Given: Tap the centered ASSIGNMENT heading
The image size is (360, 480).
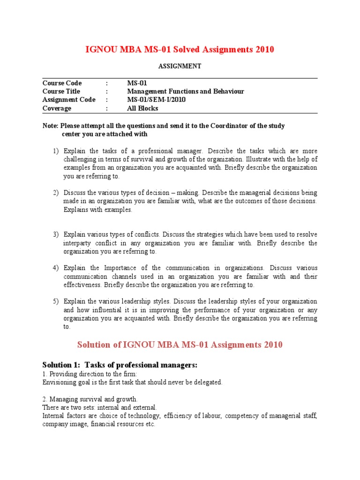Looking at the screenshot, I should pyautogui.click(x=180, y=66).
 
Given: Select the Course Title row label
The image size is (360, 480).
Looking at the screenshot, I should pyautogui.click(x=61, y=91).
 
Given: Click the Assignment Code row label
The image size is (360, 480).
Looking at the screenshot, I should pyautogui.click(x=68, y=100).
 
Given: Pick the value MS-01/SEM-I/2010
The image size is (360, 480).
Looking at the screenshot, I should pyautogui.click(x=157, y=100).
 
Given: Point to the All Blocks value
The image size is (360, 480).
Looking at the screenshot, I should pyautogui.click(x=142, y=108).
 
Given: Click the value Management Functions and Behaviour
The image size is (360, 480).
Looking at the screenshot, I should pyautogui.click(x=185, y=91).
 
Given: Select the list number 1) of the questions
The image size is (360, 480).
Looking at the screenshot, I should pyautogui.click(x=56, y=151).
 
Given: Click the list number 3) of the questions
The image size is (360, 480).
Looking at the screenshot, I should pyautogui.click(x=56, y=234).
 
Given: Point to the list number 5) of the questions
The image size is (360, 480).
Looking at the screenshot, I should pyautogui.click(x=56, y=301).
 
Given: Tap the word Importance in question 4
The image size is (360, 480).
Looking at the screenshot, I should pyautogui.click(x=120, y=268).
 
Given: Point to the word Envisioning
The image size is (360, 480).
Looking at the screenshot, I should pyautogui.click(x=60, y=382).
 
